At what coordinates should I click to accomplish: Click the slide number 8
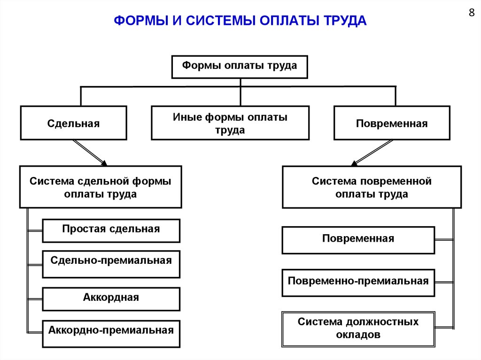472,13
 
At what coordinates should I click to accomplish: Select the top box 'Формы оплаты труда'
240,66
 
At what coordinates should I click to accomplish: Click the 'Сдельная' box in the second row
73,123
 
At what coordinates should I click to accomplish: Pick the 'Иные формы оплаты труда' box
230,123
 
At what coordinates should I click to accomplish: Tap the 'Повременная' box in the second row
392,123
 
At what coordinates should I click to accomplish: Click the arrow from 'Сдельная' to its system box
89,153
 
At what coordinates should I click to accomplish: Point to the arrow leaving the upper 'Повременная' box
372,153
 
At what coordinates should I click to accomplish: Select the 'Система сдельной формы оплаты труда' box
101,187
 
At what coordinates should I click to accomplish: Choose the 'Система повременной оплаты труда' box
372,187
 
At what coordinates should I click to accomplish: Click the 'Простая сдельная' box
111,230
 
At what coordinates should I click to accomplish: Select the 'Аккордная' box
111,299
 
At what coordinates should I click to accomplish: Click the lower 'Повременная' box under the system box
358,240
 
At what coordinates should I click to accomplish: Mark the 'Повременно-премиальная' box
358,282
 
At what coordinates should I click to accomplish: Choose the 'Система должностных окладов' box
358,329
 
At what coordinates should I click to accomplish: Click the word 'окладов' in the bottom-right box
358,335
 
